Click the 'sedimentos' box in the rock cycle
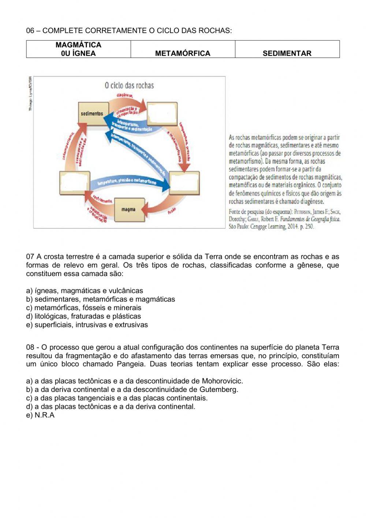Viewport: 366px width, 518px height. (92, 114)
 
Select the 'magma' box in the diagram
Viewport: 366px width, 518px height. (128, 209)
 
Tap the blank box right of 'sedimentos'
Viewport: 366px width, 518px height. (162, 114)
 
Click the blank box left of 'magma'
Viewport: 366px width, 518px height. (74, 183)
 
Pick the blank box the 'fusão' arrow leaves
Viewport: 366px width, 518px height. (184, 183)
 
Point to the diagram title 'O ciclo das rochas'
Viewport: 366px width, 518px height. (129, 85)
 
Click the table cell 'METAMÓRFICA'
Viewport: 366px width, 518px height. (183, 53)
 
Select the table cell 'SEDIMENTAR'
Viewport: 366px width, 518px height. (287, 53)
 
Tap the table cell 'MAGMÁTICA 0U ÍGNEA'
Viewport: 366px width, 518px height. (78, 49)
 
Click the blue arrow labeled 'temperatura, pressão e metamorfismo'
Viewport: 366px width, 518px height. (128, 182)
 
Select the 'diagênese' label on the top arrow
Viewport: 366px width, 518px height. (124, 95)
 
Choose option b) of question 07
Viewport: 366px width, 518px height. (100, 299)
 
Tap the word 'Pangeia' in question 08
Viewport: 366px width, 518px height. (131, 364)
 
